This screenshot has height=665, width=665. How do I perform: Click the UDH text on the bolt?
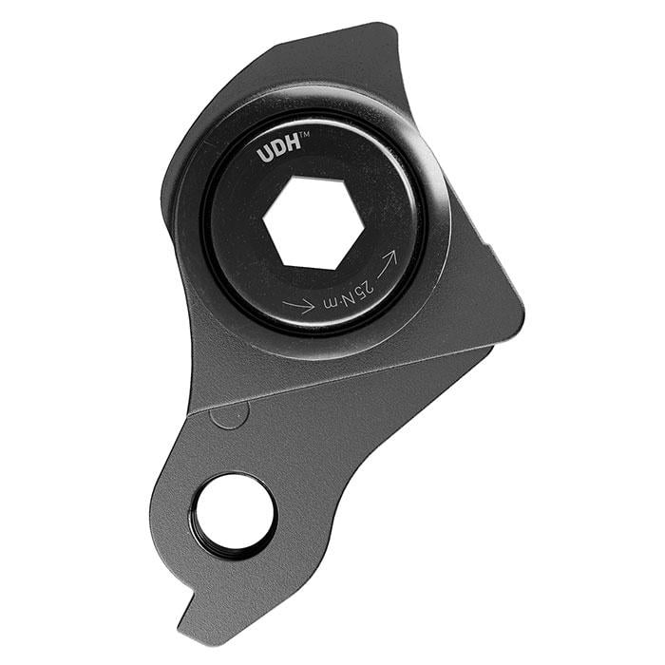pyautogui.click(x=278, y=150)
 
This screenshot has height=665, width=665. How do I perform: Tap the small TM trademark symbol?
pyautogui.click(x=305, y=135)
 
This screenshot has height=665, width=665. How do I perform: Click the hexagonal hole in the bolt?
pyautogui.click(x=313, y=223)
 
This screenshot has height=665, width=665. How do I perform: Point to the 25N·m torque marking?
pyautogui.click(x=349, y=295)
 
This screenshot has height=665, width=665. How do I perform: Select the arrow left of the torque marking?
pyautogui.click(x=298, y=305)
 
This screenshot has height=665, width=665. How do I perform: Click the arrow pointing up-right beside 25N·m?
pyautogui.click(x=387, y=263)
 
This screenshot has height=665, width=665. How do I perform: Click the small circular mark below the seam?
pyautogui.click(x=229, y=414)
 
